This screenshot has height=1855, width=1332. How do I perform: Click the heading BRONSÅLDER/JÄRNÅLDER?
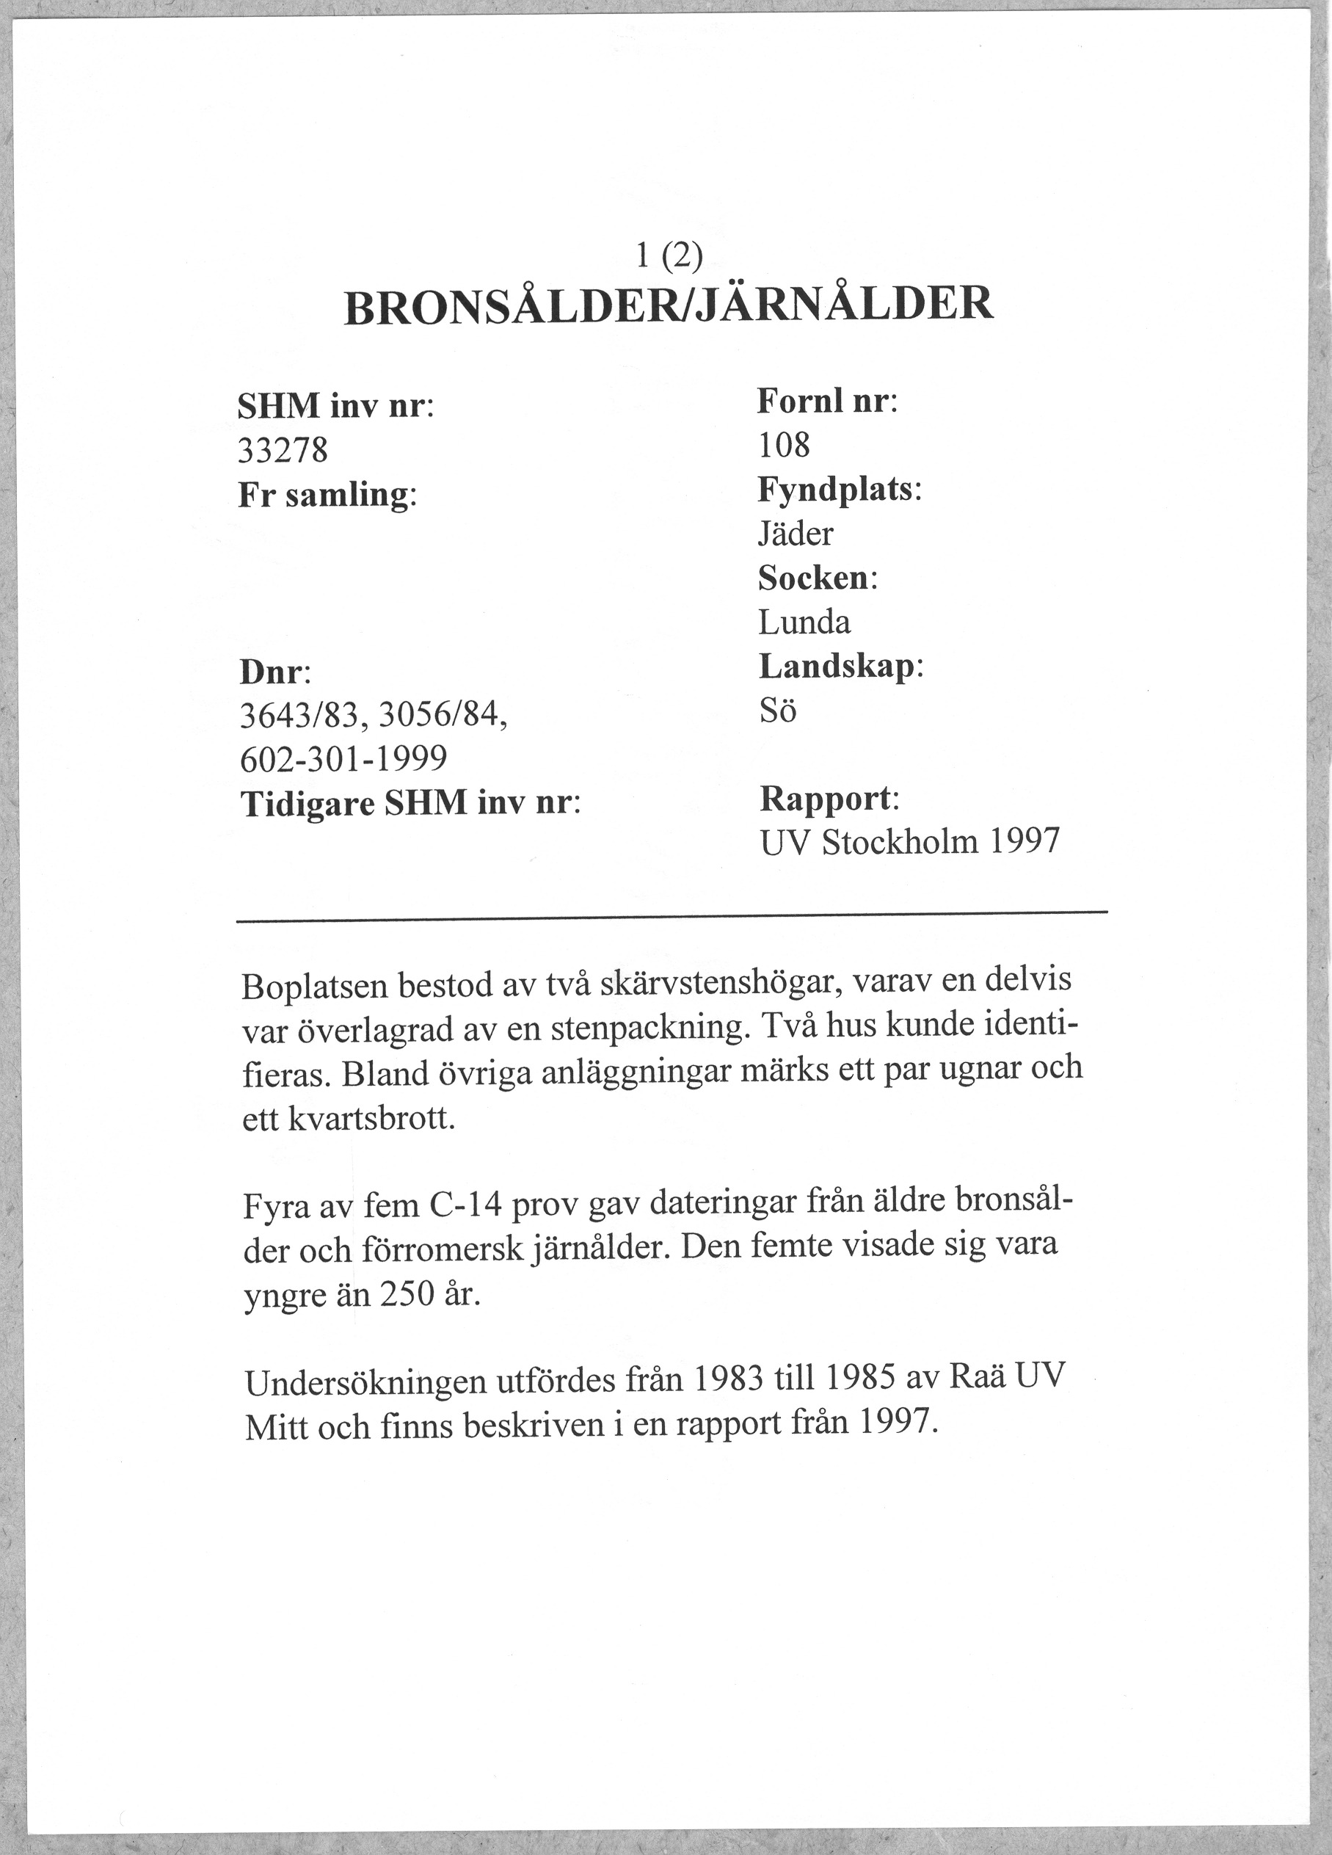coord(668,305)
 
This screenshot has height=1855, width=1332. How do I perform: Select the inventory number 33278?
coord(283,450)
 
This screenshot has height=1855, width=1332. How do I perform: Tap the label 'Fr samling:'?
coord(327,495)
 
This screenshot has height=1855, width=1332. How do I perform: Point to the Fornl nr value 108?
coord(783,446)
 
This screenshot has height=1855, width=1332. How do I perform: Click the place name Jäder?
coord(795,535)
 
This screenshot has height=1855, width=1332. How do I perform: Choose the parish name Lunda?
coord(804,623)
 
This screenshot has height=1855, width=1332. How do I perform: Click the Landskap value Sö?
coord(776,711)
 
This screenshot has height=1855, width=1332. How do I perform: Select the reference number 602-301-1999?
coord(344,760)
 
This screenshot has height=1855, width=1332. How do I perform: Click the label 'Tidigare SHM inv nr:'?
coord(410,804)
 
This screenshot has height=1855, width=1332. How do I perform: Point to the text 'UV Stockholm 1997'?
coord(909,842)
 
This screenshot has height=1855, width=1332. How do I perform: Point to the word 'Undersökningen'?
coord(366,1384)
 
